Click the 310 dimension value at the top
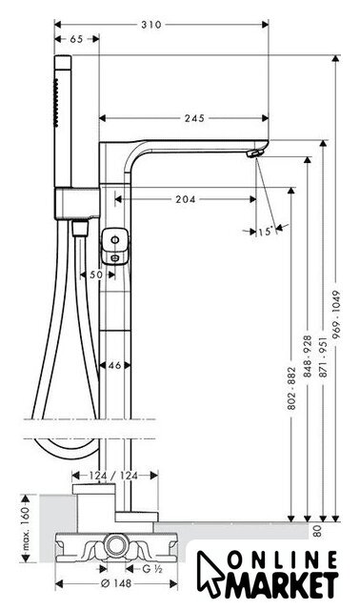pos(150,25)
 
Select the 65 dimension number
pos(76,39)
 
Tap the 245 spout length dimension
pos(194,118)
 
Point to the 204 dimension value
pos(186,199)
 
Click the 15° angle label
pos(266,232)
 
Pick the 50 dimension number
pos(96,274)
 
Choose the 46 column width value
pos(114,365)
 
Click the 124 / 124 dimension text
pos(113,476)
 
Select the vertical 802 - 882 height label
pos(292,388)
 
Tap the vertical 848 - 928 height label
pos(308,356)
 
